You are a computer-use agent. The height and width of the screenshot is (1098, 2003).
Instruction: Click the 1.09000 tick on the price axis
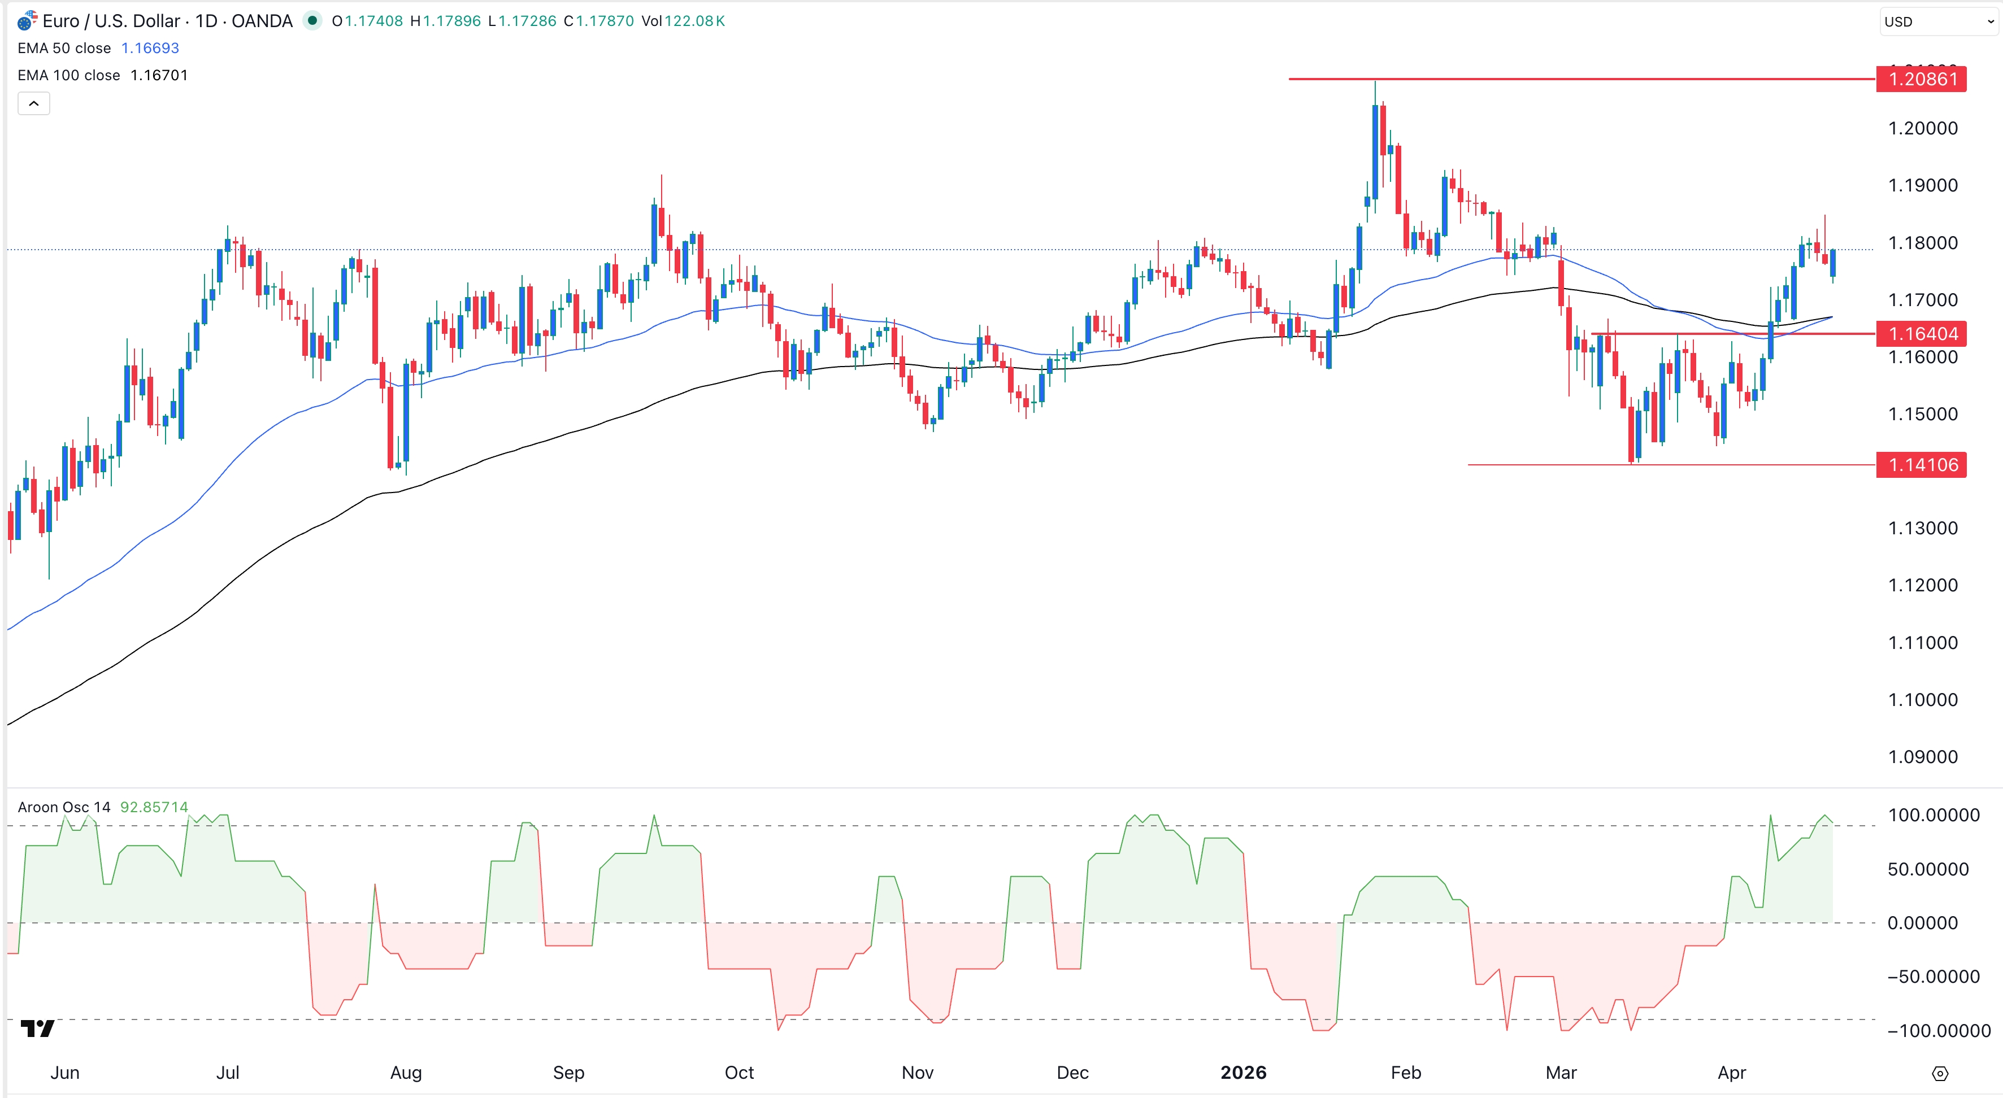coord(1922,757)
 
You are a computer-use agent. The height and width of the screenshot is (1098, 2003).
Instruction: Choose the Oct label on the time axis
coord(738,1073)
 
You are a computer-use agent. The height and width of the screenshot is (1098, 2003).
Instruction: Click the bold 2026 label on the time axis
coord(1242,1073)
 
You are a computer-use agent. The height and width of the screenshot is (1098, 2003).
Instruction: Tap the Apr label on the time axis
coord(1732,1073)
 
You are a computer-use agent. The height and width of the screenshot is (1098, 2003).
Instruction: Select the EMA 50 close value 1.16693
coord(150,48)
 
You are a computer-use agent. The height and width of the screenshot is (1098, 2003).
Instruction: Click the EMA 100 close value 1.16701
coord(159,75)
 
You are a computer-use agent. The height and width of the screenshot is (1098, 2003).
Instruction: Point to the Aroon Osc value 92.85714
coord(154,807)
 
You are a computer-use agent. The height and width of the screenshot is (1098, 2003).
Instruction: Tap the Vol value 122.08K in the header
coord(694,21)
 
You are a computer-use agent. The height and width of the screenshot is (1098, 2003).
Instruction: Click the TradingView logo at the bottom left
coord(37,1029)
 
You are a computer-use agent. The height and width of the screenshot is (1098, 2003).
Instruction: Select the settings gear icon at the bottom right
coord(1940,1073)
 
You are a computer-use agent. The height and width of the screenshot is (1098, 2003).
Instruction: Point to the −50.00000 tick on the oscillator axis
coord(1933,977)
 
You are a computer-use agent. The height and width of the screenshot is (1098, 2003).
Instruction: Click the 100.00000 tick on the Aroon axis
coord(1933,815)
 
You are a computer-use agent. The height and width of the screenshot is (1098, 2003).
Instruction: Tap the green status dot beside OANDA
coord(312,21)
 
